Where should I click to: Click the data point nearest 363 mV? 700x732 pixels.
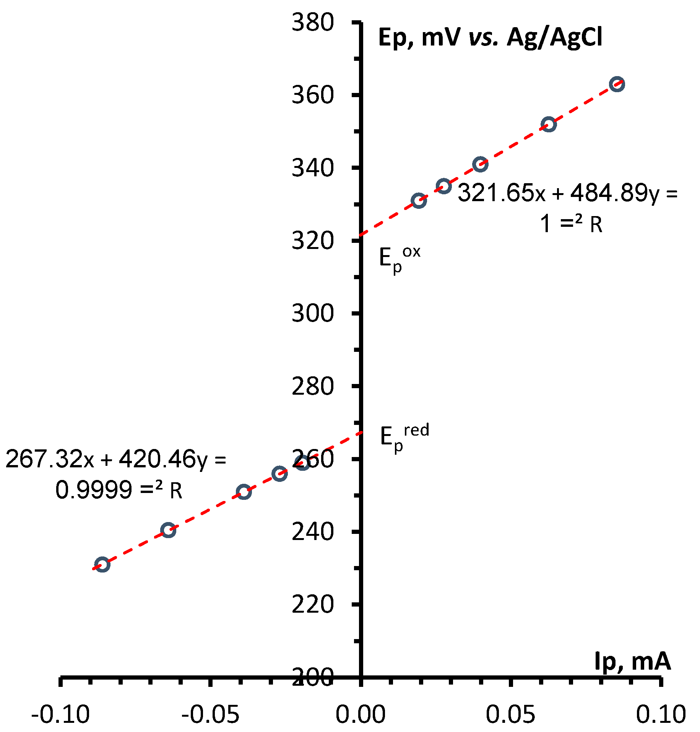617,84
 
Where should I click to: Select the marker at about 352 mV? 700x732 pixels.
549,125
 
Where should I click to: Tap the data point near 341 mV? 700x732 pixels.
480,164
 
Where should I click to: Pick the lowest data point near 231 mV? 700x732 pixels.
102,565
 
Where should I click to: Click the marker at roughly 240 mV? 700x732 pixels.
168,530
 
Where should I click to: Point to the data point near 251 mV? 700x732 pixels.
244,492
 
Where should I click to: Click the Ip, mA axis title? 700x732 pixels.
632,661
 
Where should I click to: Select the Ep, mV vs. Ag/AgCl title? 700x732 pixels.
490,38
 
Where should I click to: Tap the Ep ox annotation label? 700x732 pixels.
399,258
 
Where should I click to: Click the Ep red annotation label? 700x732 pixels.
404,437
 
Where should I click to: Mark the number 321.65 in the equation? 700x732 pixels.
496,193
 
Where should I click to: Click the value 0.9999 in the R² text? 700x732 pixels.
94,490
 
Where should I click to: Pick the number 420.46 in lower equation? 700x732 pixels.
157,459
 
